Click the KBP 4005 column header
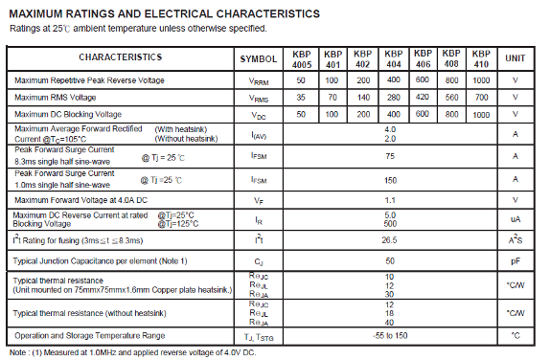[x=301, y=57]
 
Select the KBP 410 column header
[x=483, y=57]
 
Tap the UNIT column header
[x=516, y=57]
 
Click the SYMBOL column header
[x=258, y=58]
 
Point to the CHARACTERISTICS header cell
[x=121, y=57]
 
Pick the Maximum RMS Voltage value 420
[x=423, y=97]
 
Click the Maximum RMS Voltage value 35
[x=301, y=97]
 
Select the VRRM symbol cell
[x=258, y=80]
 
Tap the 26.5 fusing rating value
[x=390, y=239]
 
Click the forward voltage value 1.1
[x=390, y=199]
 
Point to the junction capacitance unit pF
[x=516, y=260]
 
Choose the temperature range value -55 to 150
[x=390, y=335]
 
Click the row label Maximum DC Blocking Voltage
[x=68, y=114]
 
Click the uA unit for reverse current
[x=516, y=219]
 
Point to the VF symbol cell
[x=258, y=200]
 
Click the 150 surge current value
[x=390, y=179]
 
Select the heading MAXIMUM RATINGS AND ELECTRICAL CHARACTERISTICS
[x=164, y=14]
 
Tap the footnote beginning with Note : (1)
[x=132, y=352]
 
